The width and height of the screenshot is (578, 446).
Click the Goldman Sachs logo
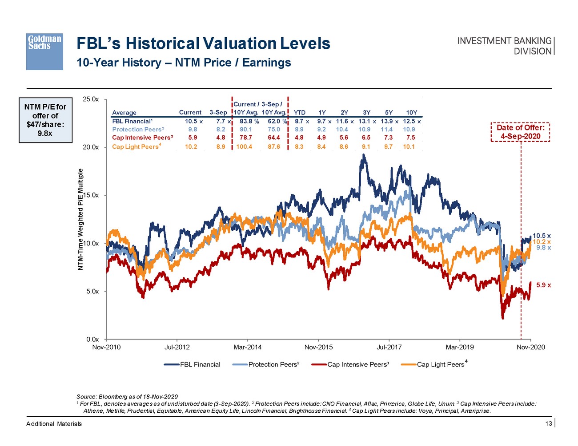point(44,51)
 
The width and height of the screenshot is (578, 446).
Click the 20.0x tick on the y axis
point(91,147)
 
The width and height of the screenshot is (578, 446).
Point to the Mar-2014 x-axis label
point(248,347)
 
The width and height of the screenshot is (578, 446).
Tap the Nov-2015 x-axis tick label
point(318,347)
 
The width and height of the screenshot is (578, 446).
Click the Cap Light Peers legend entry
point(440,365)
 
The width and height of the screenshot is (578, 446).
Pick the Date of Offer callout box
point(520,132)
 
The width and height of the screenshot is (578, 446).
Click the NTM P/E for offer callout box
point(45,120)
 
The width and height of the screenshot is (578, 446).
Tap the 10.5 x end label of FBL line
point(542,236)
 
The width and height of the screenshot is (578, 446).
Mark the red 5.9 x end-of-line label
point(543,285)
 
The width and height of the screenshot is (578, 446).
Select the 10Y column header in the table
point(412,113)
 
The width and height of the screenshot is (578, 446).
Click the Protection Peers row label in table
point(138,130)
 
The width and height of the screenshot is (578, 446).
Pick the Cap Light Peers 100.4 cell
point(244,146)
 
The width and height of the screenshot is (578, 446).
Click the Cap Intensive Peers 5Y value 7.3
point(388,138)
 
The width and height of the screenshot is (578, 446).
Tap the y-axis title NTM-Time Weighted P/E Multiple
point(80,219)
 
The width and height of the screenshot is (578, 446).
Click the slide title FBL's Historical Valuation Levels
point(203,43)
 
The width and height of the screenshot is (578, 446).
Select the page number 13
point(549,424)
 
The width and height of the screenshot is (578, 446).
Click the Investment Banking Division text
point(504,46)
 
